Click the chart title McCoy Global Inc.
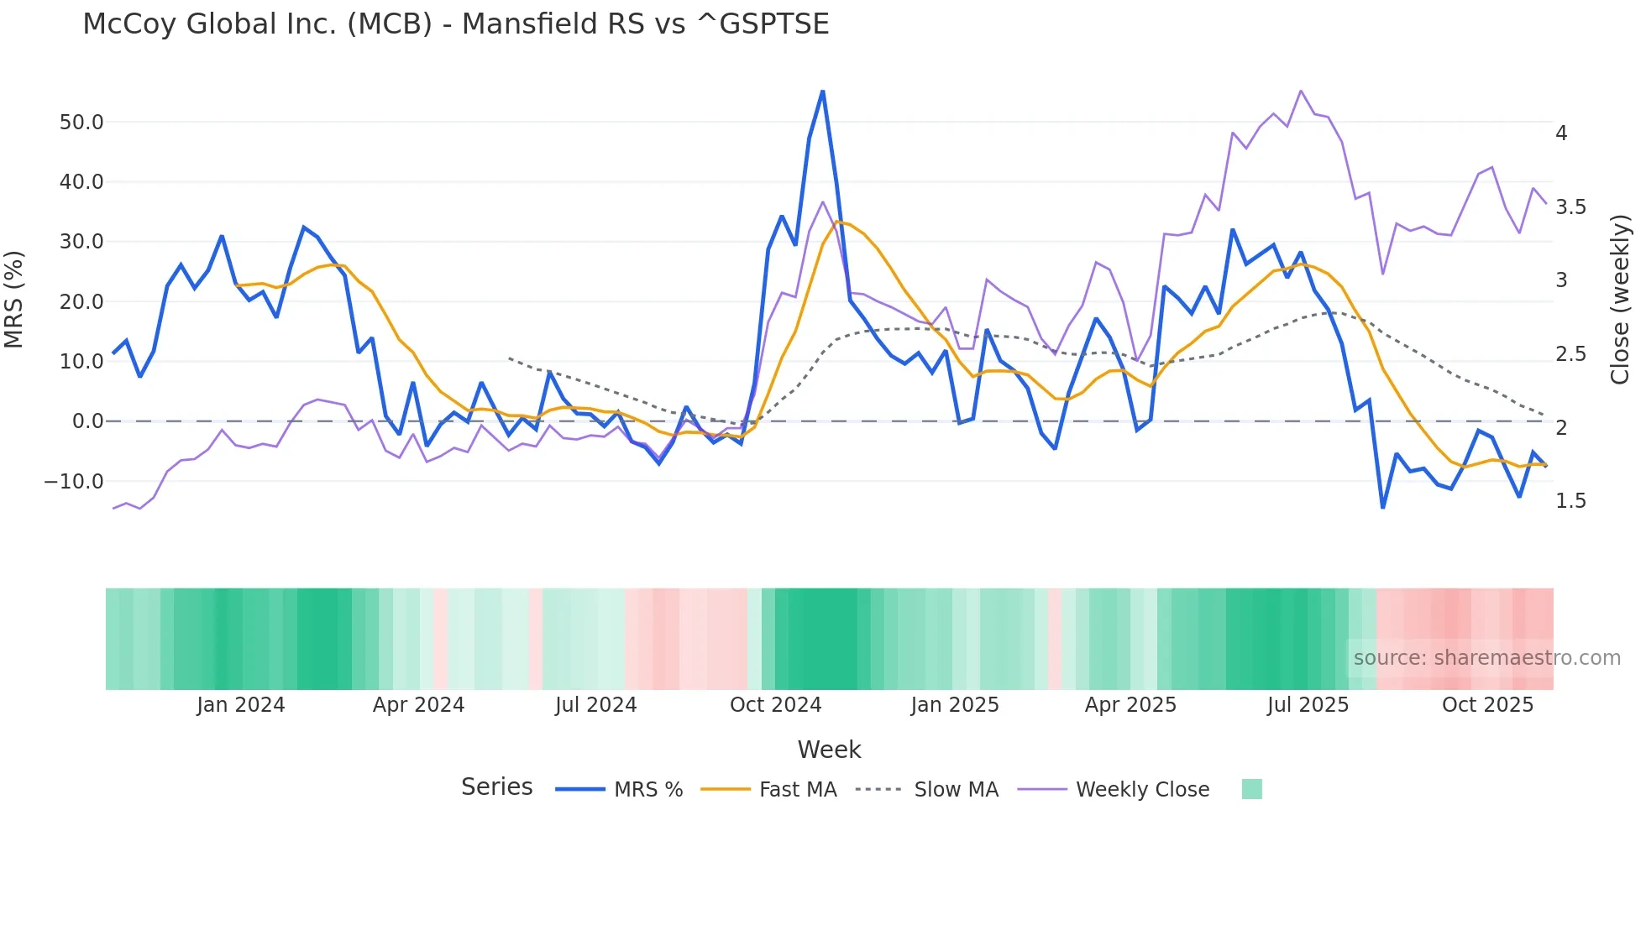tap(455, 24)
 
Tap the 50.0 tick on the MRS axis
tap(81, 123)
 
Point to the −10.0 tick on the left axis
tap(74, 482)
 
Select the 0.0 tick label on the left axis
tap(87, 421)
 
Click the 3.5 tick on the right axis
tap(1570, 207)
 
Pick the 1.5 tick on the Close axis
tap(1570, 501)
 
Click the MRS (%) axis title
tap(14, 300)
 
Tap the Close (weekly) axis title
tap(1620, 300)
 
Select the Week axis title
tap(829, 750)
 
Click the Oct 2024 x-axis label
tap(775, 705)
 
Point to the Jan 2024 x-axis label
tap(241, 705)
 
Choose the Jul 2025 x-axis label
tap(1308, 705)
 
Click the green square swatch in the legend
tap(1251, 789)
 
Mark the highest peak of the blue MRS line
tap(822, 91)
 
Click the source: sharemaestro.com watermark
tap(1486, 658)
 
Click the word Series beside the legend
tap(496, 787)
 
